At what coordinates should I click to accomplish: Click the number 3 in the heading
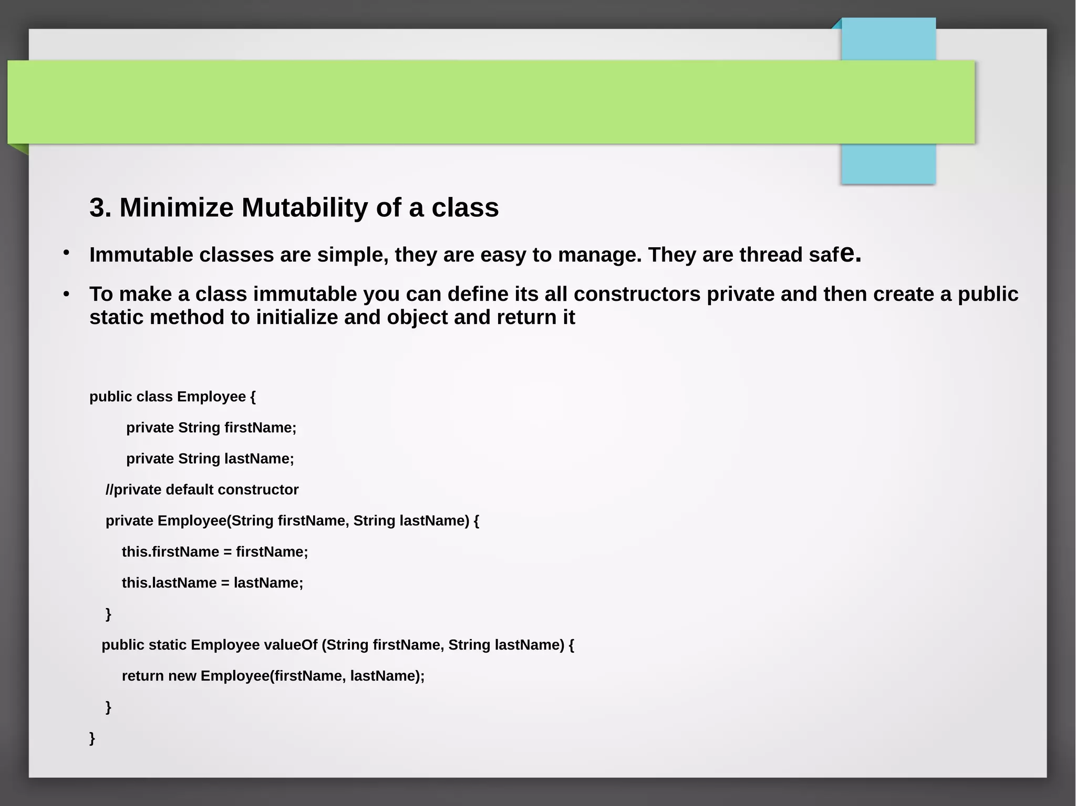click(x=96, y=208)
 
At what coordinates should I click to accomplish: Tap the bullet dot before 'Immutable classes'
click(x=66, y=254)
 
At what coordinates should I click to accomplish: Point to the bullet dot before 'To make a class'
click(x=66, y=294)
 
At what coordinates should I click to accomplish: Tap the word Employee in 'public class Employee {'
click(x=211, y=396)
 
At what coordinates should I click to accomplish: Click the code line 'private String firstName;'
click(x=211, y=428)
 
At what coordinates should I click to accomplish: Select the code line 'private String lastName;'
click(x=210, y=459)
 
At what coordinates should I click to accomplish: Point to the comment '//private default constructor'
click(x=202, y=490)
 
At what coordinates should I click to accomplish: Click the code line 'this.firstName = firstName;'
click(x=215, y=552)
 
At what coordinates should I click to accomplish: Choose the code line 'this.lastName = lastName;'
click(x=212, y=583)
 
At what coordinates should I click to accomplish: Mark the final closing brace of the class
click(x=92, y=738)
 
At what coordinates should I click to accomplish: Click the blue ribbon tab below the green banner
click(x=888, y=164)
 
